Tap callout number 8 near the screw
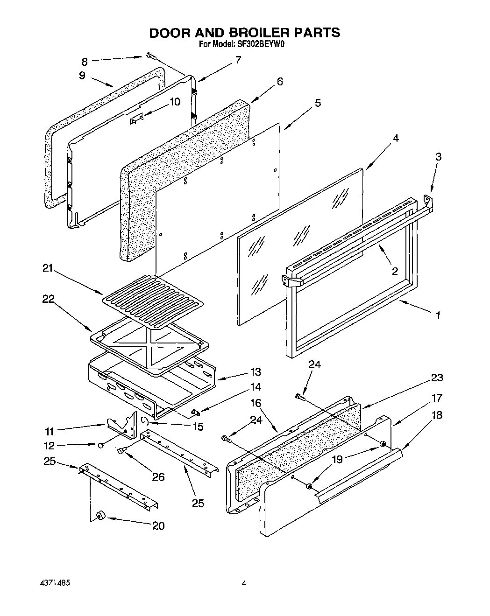click(x=85, y=62)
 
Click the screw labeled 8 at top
click(x=150, y=56)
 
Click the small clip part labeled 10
click(x=136, y=120)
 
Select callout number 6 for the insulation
click(x=279, y=82)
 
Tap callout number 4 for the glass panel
click(x=395, y=139)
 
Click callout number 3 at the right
click(x=438, y=157)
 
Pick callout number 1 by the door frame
click(x=438, y=315)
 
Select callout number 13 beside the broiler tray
click(x=256, y=372)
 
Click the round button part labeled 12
click(x=100, y=445)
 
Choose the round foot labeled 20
click(x=99, y=515)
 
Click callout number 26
click(x=159, y=476)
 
